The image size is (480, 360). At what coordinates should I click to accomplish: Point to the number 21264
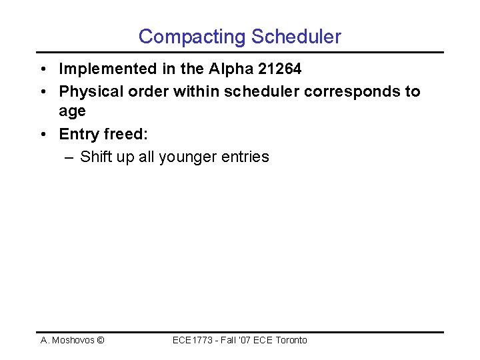(279, 69)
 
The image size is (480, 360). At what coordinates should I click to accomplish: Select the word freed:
(126, 134)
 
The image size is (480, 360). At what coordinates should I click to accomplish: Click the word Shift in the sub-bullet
(95, 157)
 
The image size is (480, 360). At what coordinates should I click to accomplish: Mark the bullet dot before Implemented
(43, 69)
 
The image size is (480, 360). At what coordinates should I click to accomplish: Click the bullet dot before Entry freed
(43, 134)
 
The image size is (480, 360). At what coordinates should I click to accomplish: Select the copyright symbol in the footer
(100, 341)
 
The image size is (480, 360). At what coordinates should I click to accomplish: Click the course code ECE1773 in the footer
(191, 341)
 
